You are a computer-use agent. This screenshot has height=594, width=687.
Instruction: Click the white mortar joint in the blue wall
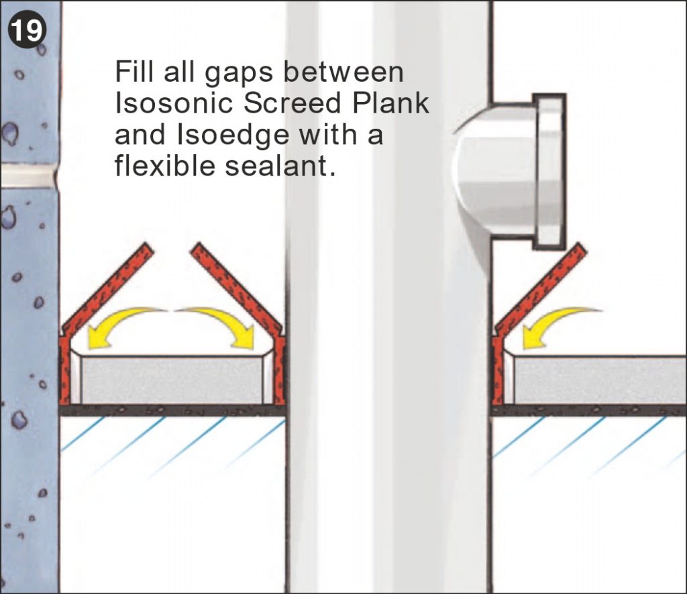pos(27,176)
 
